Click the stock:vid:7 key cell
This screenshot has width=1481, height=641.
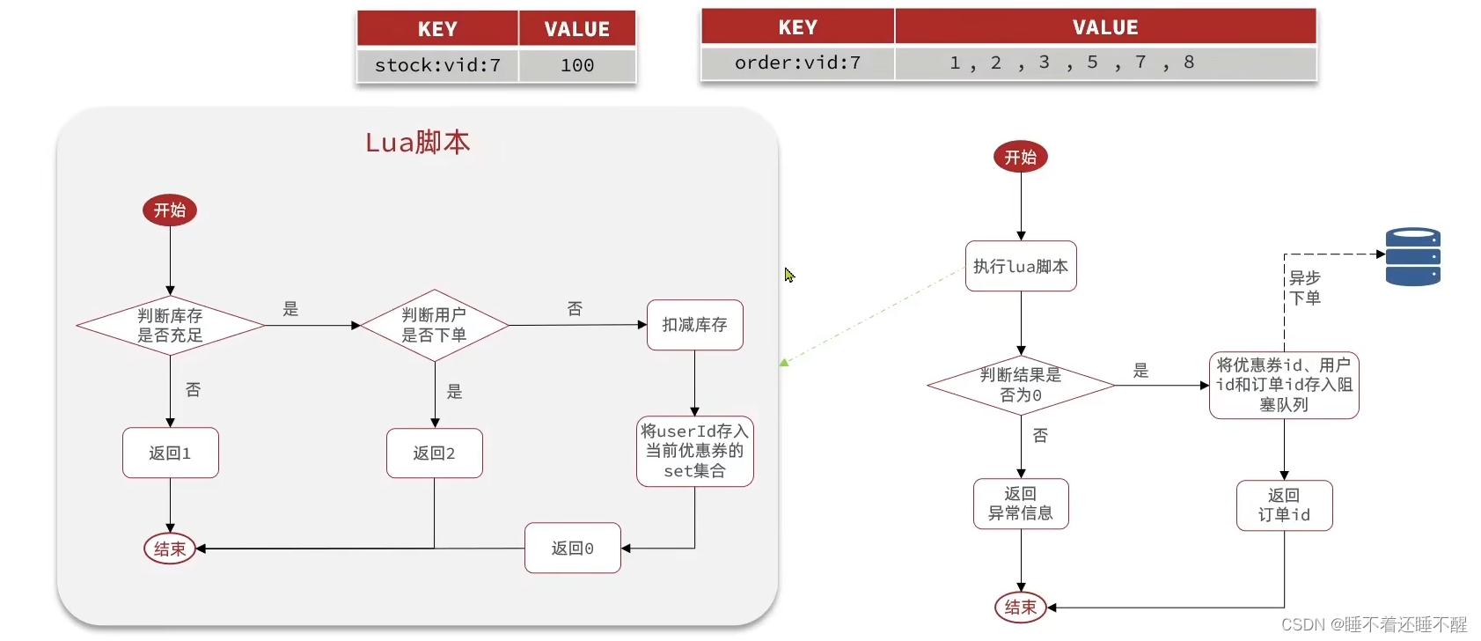click(437, 65)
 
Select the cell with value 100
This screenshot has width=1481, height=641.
click(577, 65)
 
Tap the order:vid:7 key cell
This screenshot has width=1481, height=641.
click(797, 63)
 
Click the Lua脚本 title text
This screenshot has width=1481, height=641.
click(418, 142)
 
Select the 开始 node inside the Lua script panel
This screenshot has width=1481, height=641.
click(170, 210)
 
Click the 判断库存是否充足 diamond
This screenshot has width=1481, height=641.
click(170, 326)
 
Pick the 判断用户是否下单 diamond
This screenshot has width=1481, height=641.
click(434, 325)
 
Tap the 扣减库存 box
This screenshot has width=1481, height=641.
click(694, 325)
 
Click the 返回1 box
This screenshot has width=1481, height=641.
click(170, 453)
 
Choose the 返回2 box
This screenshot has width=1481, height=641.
click(434, 453)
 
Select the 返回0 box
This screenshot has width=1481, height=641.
click(572, 549)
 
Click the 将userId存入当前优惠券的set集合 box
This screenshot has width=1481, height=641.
click(694, 451)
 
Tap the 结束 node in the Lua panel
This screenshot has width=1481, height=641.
click(170, 549)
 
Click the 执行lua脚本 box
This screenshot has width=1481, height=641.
click(1021, 266)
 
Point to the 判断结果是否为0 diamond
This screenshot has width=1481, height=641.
click(1021, 385)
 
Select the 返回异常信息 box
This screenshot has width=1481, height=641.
click(1021, 504)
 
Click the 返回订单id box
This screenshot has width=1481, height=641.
click(1284, 505)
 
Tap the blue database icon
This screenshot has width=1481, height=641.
click(1412, 257)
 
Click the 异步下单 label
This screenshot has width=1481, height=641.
click(1304, 288)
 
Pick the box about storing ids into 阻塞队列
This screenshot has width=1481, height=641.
click(1284, 385)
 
